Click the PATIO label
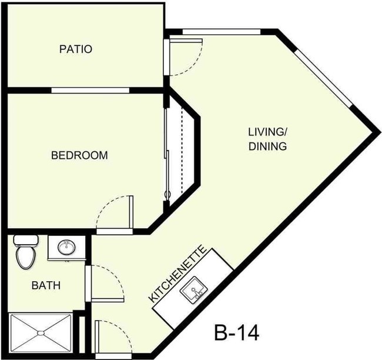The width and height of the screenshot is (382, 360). click(76, 49)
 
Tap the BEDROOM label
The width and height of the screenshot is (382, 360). click(80, 156)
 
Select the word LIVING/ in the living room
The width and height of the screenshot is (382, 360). click(266, 131)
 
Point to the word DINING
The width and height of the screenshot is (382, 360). click(267, 146)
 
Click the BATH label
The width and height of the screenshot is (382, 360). click(46, 286)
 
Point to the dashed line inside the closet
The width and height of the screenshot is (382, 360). click(182, 147)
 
